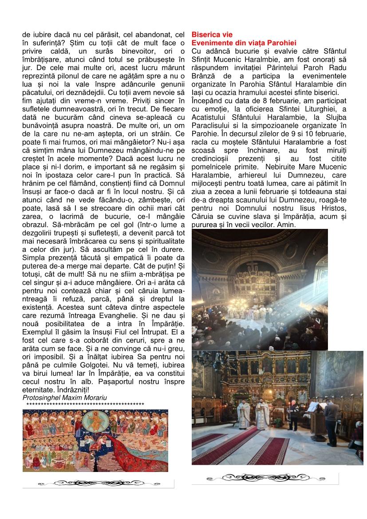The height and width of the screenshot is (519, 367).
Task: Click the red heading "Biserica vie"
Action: pyautogui.click(x=212, y=35)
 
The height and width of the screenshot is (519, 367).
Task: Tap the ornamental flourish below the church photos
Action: pyautogui.click(x=265, y=477)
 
